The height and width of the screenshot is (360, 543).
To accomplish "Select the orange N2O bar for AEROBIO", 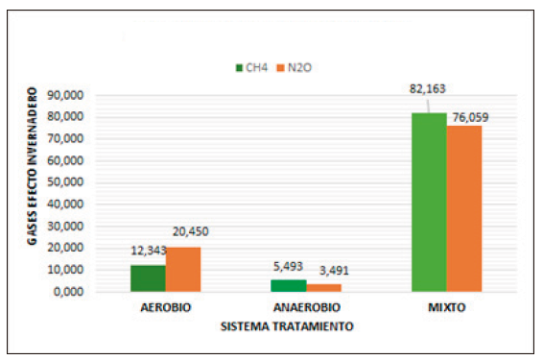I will (183, 269).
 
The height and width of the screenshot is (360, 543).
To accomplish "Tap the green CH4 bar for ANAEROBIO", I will (288, 285).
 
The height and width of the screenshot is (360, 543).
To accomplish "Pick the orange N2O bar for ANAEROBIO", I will (323, 287).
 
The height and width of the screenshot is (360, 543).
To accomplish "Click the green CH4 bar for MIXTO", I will (428, 202).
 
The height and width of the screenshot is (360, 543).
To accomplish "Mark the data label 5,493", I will (288, 268).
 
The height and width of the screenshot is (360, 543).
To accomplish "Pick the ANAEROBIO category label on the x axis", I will (306, 310).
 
